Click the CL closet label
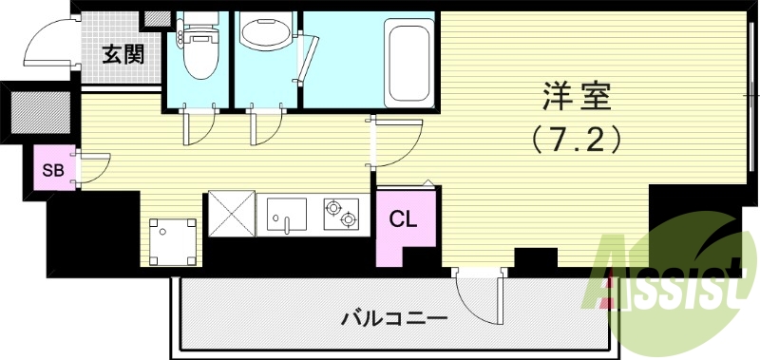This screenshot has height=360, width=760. click(403, 219)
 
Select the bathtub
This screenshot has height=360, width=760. click(409, 64)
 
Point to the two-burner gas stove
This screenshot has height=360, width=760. click(342, 215)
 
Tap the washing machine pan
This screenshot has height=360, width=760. click(174, 241)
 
